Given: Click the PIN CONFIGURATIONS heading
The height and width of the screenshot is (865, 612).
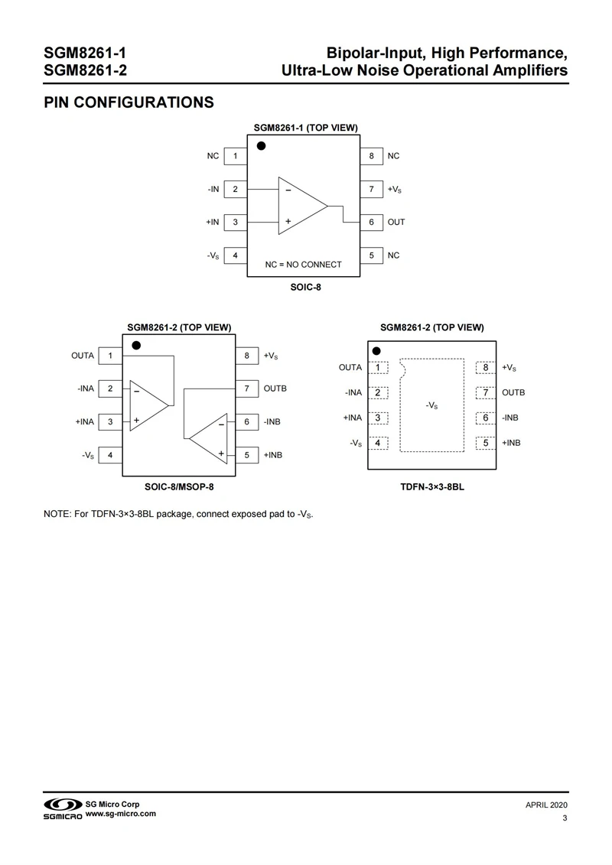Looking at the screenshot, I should pyautogui.click(x=128, y=102).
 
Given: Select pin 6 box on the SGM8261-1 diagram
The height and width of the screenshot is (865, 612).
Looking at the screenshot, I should pyautogui.click(x=371, y=222).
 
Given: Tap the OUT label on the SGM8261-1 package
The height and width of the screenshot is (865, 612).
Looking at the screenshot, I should pyautogui.click(x=396, y=222).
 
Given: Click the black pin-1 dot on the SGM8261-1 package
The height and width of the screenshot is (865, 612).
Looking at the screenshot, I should pyautogui.click(x=261, y=145).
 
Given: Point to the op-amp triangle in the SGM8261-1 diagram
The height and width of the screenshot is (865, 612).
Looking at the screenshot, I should pyautogui.click(x=301, y=206).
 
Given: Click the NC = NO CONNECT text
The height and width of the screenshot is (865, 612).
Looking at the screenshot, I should pyautogui.click(x=303, y=265).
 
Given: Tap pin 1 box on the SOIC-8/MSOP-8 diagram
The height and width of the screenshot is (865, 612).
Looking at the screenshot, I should pyautogui.click(x=111, y=356).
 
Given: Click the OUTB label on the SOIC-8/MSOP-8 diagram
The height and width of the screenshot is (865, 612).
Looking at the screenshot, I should pyautogui.click(x=275, y=389).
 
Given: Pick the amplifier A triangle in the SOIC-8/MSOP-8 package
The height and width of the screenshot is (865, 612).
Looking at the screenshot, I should pyautogui.click(x=146, y=405).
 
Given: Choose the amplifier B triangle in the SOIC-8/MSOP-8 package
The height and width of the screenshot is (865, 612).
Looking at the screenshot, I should pyautogui.click(x=211, y=438).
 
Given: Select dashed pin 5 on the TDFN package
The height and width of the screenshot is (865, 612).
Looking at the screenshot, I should pyautogui.click(x=486, y=443).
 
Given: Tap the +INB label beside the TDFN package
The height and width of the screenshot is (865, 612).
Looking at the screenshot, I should pyautogui.click(x=513, y=443).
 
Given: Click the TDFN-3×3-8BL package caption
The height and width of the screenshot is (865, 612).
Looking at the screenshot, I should pyautogui.click(x=431, y=485).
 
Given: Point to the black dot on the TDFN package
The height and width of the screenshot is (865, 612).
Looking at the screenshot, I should pyautogui.click(x=376, y=351).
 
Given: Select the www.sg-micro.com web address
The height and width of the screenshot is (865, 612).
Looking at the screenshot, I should pyautogui.click(x=121, y=814).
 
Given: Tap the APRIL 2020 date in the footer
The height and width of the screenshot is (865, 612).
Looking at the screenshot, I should pyautogui.click(x=546, y=805).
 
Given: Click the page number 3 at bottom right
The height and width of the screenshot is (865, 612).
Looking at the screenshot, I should pyautogui.click(x=564, y=820).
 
